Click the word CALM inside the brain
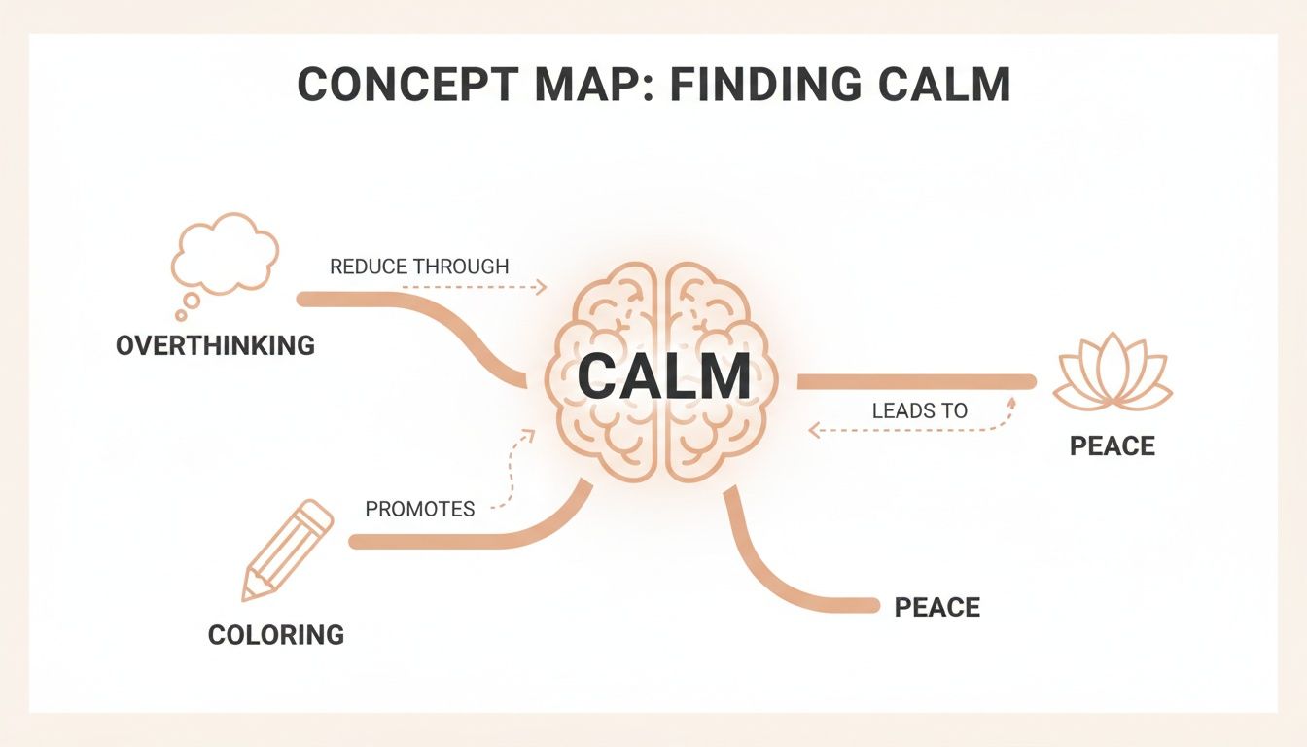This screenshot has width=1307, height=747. pyautogui.click(x=663, y=377)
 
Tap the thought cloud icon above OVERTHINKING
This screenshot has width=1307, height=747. pyautogui.click(x=225, y=254)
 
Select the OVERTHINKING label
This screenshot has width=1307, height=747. pyautogui.click(x=215, y=344)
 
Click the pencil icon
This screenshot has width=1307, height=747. pyautogui.click(x=287, y=551)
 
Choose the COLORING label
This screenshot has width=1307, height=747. pyautogui.click(x=276, y=635)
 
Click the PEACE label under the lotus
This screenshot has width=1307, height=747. pyautogui.click(x=1113, y=446)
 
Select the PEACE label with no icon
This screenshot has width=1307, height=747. pyautogui.click(x=936, y=608)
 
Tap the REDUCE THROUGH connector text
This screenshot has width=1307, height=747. pyautogui.click(x=419, y=267)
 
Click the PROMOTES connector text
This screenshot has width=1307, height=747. pyautogui.click(x=420, y=509)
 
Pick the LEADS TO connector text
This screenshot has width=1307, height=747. pyautogui.click(x=919, y=410)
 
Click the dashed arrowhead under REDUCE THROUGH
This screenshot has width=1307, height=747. pyautogui.click(x=542, y=287)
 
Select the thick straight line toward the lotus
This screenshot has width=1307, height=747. pyautogui.click(x=914, y=381)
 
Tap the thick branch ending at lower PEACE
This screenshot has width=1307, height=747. pyautogui.click(x=768, y=574)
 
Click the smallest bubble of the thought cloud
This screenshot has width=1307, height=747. pyautogui.click(x=180, y=315)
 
